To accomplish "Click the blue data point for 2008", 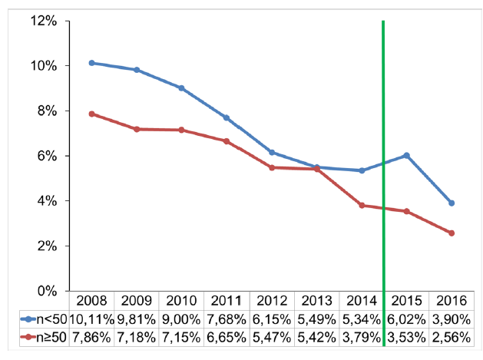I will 92,63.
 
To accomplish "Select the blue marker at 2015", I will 406,155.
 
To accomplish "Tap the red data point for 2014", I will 361,205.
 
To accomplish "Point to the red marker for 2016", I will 452,233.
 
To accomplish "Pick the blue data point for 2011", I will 227,117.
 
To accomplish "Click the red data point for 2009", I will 137,129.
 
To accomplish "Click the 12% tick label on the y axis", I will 43,21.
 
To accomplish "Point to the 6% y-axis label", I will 46,156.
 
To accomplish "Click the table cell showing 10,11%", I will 91,319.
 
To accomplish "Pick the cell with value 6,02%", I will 406,319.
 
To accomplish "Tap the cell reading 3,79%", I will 361,337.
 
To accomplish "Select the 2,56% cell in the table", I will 451,337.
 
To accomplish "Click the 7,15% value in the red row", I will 181,337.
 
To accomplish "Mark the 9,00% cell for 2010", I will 181,319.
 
